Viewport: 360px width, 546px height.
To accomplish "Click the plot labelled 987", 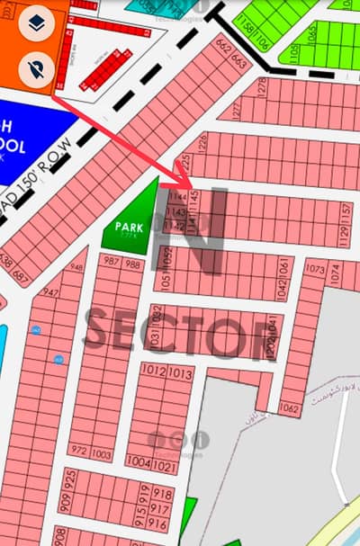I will (x=112, y=263).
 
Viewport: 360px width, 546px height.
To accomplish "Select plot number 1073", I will (x=315, y=269).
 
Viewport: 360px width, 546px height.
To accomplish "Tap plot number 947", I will (x=50, y=293).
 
